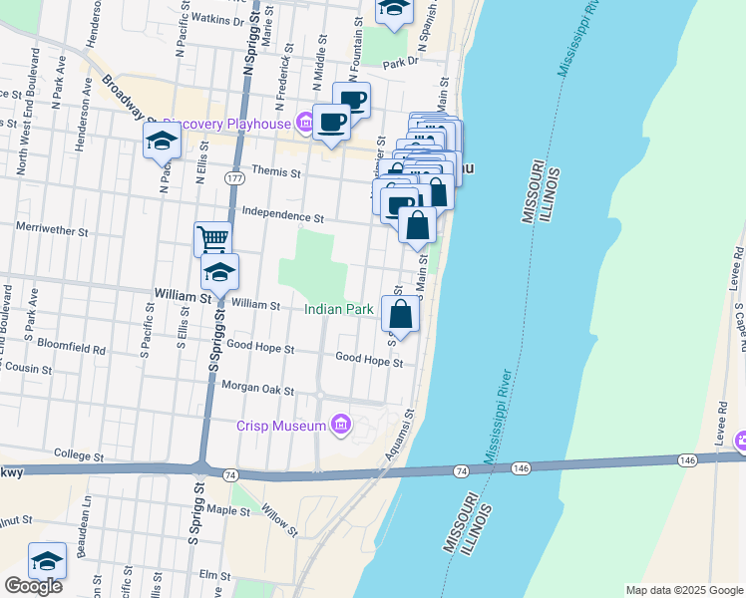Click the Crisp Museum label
(x=281, y=427)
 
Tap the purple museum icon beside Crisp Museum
(x=341, y=426)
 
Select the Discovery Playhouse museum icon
(x=303, y=125)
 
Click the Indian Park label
(x=339, y=310)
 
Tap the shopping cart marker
(x=212, y=239)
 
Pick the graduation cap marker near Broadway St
(x=162, y=143)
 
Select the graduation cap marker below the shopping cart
(x=220, y=271)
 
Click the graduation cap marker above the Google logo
(x=48, y=561)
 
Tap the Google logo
(x=33, y=586)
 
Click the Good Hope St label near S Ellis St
(x=260, y=348)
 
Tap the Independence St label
(x=283, y=216)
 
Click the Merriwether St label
(x=53, y=228)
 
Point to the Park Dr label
(x=399, y=62)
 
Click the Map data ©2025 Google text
(x=683, y=590)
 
